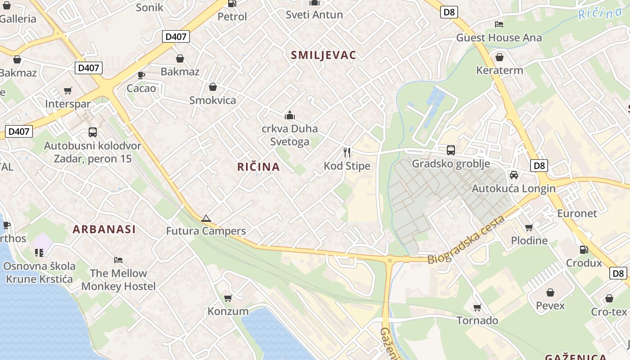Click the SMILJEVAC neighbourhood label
(324, 55)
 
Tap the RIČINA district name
(259, 167)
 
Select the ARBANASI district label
(104, 229)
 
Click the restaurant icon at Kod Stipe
(347, 152)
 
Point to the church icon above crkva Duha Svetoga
(290, 115)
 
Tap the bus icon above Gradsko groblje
(451, 150)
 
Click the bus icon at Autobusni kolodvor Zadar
(93, 132)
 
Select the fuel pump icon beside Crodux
(584, 249)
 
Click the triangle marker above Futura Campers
(206, 219)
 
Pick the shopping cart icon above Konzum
(228, 298)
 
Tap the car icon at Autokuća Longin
(513, 175)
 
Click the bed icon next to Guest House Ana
(499, 24)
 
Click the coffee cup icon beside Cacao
(141, 75)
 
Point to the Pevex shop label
(550, 306)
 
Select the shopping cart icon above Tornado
(477, 307)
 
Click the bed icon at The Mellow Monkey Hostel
(118, 260)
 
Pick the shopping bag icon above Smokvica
(213, 86)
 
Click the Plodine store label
(529, 240)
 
